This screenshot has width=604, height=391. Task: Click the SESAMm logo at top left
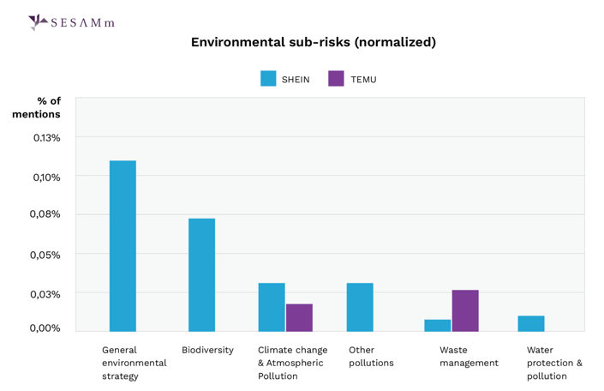71,22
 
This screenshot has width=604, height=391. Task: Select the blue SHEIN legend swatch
268,79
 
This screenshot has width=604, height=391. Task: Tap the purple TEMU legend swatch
336,79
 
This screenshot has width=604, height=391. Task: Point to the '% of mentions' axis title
37,107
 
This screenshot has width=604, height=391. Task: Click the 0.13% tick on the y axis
47,137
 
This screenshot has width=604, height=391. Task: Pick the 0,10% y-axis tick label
47,177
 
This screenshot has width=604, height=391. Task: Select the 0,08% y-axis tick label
47,214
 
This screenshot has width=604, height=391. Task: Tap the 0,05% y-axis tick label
47,255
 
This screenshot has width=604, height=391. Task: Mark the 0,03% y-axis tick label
47,293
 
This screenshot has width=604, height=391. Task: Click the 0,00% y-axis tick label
47,328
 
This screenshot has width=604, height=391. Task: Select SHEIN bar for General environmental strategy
123,246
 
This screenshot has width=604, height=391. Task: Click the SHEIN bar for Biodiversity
202,274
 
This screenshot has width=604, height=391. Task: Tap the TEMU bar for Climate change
299,317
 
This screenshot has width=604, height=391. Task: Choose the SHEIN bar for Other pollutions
360,307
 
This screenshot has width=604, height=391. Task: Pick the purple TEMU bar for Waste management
465,310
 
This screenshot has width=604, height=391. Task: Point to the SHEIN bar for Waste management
438,325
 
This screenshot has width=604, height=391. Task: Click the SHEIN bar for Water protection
531,323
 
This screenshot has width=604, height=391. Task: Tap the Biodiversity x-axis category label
207,350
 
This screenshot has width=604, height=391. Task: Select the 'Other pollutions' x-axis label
371,357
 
